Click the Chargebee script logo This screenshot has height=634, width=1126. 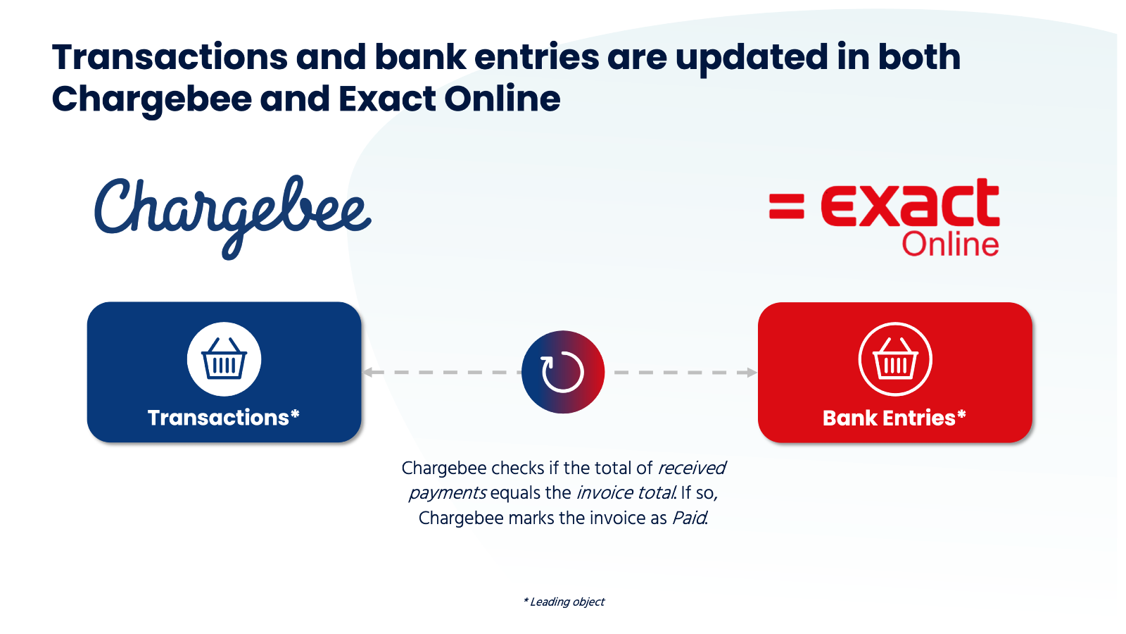(x=232, y=218)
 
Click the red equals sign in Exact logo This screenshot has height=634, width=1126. (x=787, y=207)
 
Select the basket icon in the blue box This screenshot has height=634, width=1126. (x=224, y=359)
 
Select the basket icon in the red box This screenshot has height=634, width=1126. (x=895, y=359)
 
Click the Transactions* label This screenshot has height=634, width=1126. (x=224, y=418)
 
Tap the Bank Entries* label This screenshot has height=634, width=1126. (x=894, y=418)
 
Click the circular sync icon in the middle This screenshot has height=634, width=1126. (x=563, y=373)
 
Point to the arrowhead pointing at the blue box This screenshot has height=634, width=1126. (x=367, y=373)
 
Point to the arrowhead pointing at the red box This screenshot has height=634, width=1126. (x=752, y=373)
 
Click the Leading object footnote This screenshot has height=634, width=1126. (x=564, y=602)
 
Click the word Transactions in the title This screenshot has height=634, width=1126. (x=170, y=57)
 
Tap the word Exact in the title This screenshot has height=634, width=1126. (x=387, y=99)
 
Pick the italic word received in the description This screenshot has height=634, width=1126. (x=692, y=468)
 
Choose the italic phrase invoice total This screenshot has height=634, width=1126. (x=626, y=493)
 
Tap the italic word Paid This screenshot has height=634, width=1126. (x=690, y=518)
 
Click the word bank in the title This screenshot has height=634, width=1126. (x=420, y=57)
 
